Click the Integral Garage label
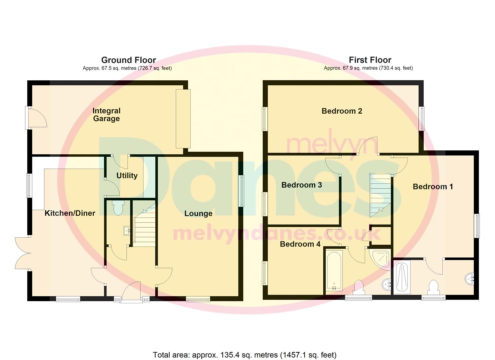[106, 115]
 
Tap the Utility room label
[127, 176]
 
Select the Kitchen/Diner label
[70, 213]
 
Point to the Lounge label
[198, 214]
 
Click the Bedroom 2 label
[342, 111]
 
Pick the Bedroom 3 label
[302, 185]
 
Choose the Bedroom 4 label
[300, 244]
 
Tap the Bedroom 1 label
[433, 187]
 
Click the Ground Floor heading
[129, 60]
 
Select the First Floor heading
[370, 60]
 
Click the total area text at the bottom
[245, 355]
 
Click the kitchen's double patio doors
[23, 253]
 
